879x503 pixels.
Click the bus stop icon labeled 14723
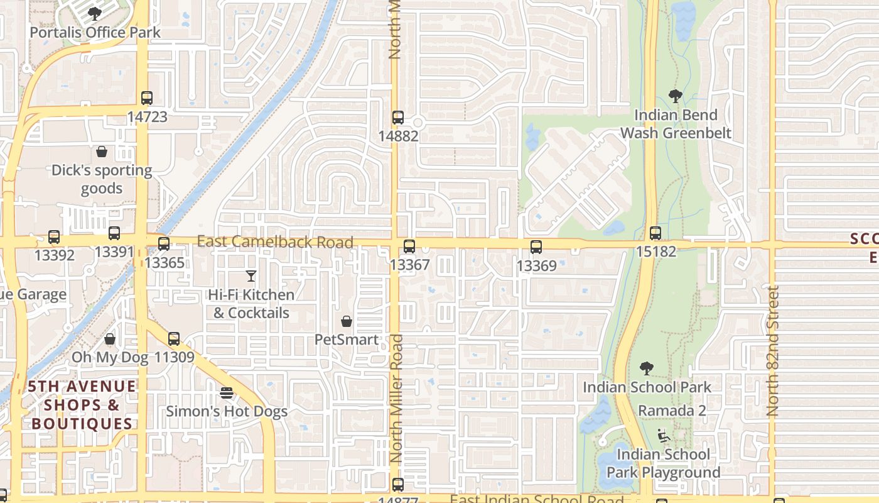point(147,98)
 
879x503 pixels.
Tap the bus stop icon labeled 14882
point(398,118)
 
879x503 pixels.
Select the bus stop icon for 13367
point(409,246)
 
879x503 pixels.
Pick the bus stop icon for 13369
point(536,247)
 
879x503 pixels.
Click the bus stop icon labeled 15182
point(655,233)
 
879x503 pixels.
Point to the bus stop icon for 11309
point(174,339)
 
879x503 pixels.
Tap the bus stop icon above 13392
point(54,237)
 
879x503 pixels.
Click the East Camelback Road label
point(275,241)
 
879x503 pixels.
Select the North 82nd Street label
point(773,351)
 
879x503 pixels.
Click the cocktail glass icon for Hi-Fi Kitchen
point(251,275)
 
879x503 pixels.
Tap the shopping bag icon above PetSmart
point(347,321)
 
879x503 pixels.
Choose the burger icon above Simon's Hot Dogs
point(227,393)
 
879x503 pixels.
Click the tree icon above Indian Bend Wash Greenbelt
point(676,96)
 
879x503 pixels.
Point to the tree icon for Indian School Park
point(647,368)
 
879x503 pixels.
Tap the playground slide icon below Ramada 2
point(662,435)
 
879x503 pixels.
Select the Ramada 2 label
point(672,411)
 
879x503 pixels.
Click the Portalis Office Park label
point(95,32)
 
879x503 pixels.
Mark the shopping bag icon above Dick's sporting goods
point(102,152)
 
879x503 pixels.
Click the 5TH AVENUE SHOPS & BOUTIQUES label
point(82,405)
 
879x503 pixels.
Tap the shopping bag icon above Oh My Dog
point(110,340)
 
